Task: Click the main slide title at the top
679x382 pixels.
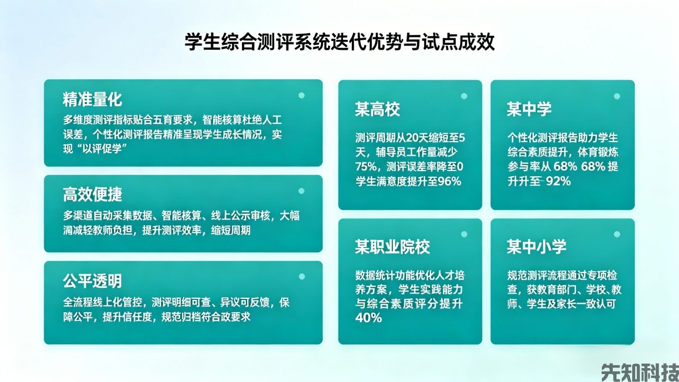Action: tap(339, 42)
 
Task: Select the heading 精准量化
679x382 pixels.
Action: tap(93, 99)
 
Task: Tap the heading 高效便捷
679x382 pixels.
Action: tap(93, 194)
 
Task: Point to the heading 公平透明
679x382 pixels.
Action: tap(93, 281)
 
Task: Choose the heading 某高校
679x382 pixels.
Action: tap(377, 110)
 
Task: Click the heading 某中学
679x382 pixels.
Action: tap(529, 110)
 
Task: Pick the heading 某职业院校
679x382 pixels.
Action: tap(392, 247)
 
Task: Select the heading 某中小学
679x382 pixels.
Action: tap(537, 247)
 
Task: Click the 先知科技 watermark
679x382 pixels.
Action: tap(640, 372)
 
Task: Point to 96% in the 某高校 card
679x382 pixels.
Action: tap(450, 181)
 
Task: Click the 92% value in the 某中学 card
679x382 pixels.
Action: tap(558, 181)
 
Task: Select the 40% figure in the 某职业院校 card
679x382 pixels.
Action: tap(368, 318)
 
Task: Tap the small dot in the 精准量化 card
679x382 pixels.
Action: tap(301, 95)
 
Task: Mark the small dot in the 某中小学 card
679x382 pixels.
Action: tap(617, 234)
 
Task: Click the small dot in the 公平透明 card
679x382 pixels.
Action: tap(301, 276)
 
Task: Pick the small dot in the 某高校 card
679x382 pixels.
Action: tap(464, 96)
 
